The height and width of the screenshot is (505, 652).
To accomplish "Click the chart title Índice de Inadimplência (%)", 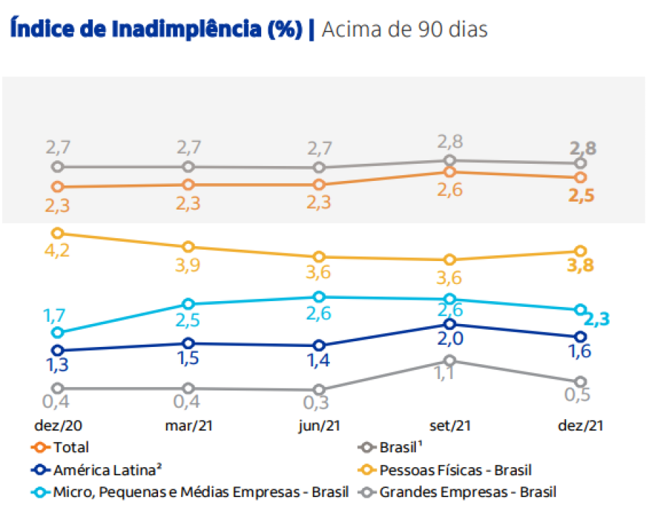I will [157, 29].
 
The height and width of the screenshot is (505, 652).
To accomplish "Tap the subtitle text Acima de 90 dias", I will [405, 29].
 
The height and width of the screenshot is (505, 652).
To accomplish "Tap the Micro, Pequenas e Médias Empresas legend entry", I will [190, 492].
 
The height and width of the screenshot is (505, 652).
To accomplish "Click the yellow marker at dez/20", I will [58, 233].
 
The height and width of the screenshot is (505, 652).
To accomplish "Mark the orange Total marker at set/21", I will [449, 172].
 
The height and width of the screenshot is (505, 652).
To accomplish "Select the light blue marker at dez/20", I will [58, 333].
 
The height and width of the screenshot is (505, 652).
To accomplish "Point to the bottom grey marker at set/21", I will [449, 361].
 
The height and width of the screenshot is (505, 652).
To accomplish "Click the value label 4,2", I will [57, 252].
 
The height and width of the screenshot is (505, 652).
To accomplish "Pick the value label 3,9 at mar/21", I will [188, 265].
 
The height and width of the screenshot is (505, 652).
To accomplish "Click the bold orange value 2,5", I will [581, 195].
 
